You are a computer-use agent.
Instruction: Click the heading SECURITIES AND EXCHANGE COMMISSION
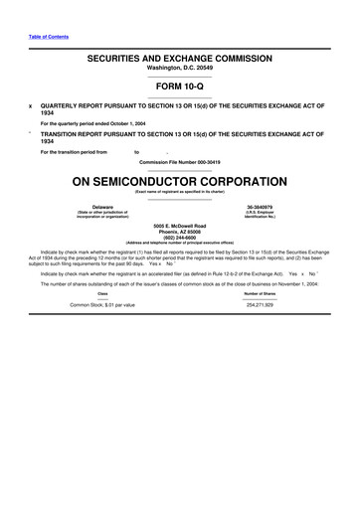[180, 59]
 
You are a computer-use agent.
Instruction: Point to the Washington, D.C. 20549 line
[180, 70]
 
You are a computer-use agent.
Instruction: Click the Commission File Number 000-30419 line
[180, 161]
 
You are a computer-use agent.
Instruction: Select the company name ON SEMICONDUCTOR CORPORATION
[180, 182]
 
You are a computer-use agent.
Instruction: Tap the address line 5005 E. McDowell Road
[180, 227]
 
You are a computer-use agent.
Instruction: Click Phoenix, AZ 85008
[180, 234]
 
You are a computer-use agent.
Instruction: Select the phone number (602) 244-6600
[180, 241]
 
